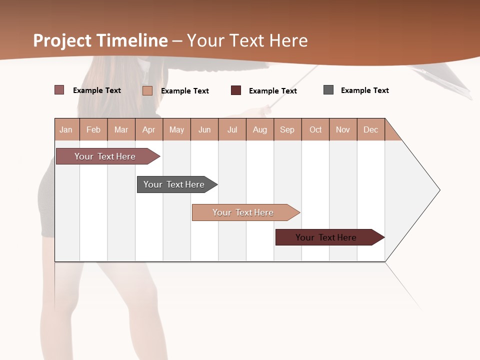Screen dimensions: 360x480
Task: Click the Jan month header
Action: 66,129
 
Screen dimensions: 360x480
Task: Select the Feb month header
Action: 93,129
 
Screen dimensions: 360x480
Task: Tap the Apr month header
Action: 149,129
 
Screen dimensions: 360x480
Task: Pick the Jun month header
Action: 204,129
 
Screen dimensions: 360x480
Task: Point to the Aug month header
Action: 260,129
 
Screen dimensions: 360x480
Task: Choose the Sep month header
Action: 287,129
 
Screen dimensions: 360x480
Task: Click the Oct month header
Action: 315,129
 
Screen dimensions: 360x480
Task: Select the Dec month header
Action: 371,129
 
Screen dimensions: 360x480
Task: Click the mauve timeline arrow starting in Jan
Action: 105,156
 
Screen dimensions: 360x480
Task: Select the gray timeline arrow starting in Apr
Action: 174,184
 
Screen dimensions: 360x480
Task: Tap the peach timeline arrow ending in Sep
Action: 243,212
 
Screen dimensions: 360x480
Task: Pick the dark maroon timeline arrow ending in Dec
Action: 326,237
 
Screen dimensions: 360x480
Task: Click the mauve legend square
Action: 59,90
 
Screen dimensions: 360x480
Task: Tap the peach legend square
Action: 147,90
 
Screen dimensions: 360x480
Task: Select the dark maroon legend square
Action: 236,90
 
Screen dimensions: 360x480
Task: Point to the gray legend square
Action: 328,90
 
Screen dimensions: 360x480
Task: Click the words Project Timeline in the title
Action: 100,40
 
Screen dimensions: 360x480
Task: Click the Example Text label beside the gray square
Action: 365,90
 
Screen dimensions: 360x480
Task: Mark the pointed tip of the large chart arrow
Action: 439,190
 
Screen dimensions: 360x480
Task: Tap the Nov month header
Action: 343,129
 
